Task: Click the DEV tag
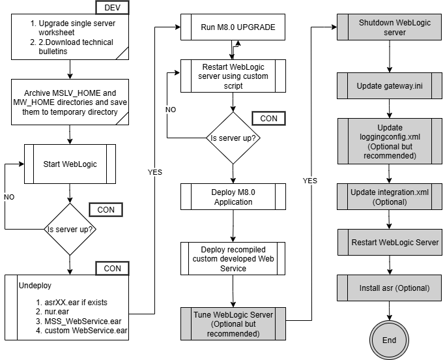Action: coord(112,7)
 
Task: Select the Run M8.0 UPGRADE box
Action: coord(233,27)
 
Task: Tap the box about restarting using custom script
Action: coord(233,76)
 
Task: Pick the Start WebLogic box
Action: coord(70,164)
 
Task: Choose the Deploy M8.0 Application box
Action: coord(233,197)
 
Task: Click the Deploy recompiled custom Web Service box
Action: coord(233,258)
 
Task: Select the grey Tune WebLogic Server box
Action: coord(233,323)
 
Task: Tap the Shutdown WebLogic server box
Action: coord(390,27)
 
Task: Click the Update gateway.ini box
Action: coord(390,86)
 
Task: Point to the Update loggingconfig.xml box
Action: coord(390,142)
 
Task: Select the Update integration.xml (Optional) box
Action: coord(390,197)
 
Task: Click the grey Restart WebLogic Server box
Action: coord(390,242)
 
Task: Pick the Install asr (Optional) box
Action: coord(390,288)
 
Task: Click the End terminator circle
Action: coord(389,340)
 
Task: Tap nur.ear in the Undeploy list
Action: coord(53,312)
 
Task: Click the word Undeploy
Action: coord(35,286)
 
